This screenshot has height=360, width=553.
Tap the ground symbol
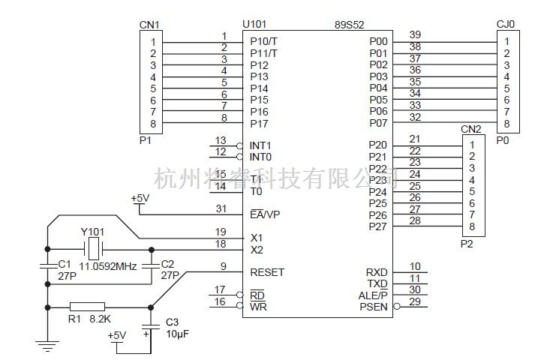point(47,345)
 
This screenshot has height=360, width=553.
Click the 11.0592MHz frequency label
point(108,265)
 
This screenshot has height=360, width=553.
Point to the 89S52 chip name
point(350,25)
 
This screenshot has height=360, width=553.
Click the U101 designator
point(255,25)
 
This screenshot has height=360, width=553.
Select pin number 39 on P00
point(414,34)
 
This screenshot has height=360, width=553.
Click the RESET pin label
point(267,272)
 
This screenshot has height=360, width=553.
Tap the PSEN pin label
point(374,307)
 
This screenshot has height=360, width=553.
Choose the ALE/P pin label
point(373,295)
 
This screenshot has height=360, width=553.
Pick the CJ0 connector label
point(506,25)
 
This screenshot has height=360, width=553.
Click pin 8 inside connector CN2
point(472,226)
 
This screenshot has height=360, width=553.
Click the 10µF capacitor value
point(177,333)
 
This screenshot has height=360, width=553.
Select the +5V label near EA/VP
point(140,199)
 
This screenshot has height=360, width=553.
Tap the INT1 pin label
point(261,145)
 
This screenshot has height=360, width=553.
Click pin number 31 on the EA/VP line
point(221,208)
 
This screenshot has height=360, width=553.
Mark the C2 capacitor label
point(167,264)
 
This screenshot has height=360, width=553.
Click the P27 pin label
point(378,226)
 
